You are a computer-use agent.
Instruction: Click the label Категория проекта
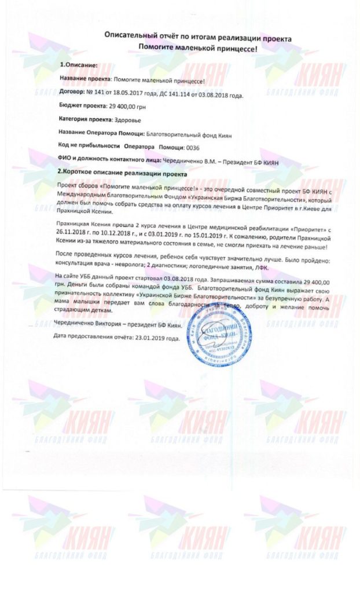coord(85,119)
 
